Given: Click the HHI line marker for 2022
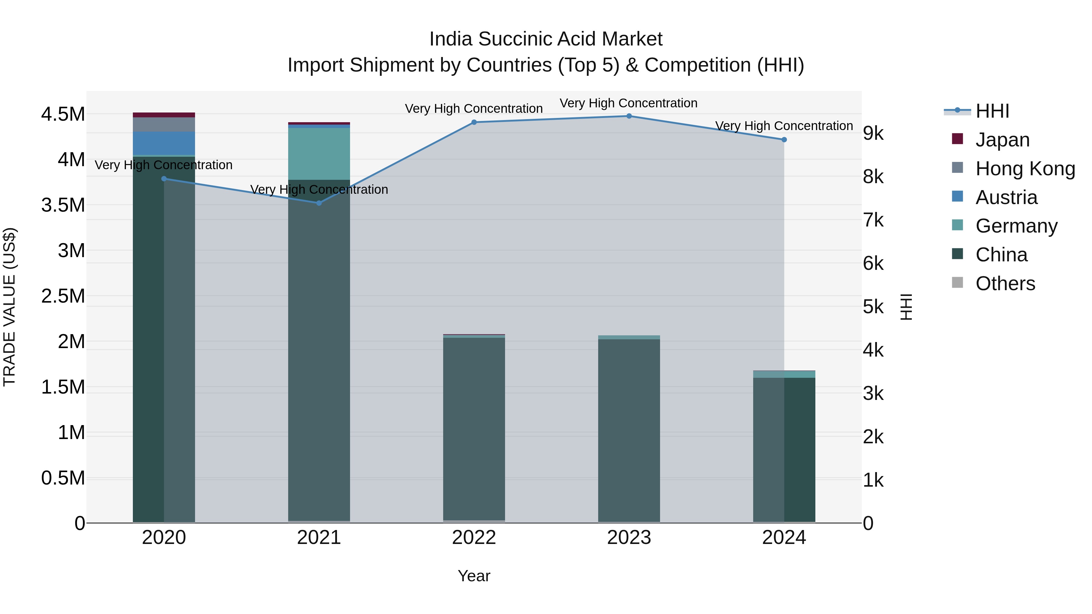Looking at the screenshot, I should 474,122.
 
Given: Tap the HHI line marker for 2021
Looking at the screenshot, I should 319,203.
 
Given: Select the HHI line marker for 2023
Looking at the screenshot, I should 629,116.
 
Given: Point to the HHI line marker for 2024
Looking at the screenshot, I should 784,140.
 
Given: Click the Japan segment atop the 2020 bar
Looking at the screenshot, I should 164,115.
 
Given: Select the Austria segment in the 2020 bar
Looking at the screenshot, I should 164,143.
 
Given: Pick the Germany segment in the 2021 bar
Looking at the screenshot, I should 319,154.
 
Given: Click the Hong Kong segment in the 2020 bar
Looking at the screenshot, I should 164,125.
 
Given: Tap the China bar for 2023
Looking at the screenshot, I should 629,430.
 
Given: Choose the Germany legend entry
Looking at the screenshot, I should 1016,226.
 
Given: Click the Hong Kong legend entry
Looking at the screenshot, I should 1025,169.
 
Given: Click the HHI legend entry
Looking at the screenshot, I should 992,111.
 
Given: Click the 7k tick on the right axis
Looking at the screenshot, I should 873,220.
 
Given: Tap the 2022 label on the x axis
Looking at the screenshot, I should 474,538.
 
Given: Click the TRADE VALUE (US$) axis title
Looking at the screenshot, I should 10,307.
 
